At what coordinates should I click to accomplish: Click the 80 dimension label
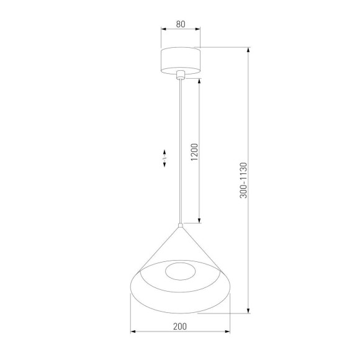(x=181, y=25)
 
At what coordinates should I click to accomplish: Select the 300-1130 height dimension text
(x=243, y=181)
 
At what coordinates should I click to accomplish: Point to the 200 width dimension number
(x=180, y=325)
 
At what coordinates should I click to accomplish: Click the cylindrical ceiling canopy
(x=181, y=60)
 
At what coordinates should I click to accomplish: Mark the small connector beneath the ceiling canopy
(x=181, y=76)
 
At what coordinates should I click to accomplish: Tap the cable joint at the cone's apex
(x=181, y=224)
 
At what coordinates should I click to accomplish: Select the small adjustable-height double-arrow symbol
(x=164, y=158)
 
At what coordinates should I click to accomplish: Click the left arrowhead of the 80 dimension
(x=162, y=30)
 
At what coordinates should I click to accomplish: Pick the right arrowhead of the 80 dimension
(x=199, y=30)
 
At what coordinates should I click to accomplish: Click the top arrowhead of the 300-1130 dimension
(x=248, y=50)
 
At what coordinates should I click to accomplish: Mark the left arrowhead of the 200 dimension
(x=132, y=331)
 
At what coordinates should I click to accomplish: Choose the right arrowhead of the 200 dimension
(x=228, y=331)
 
